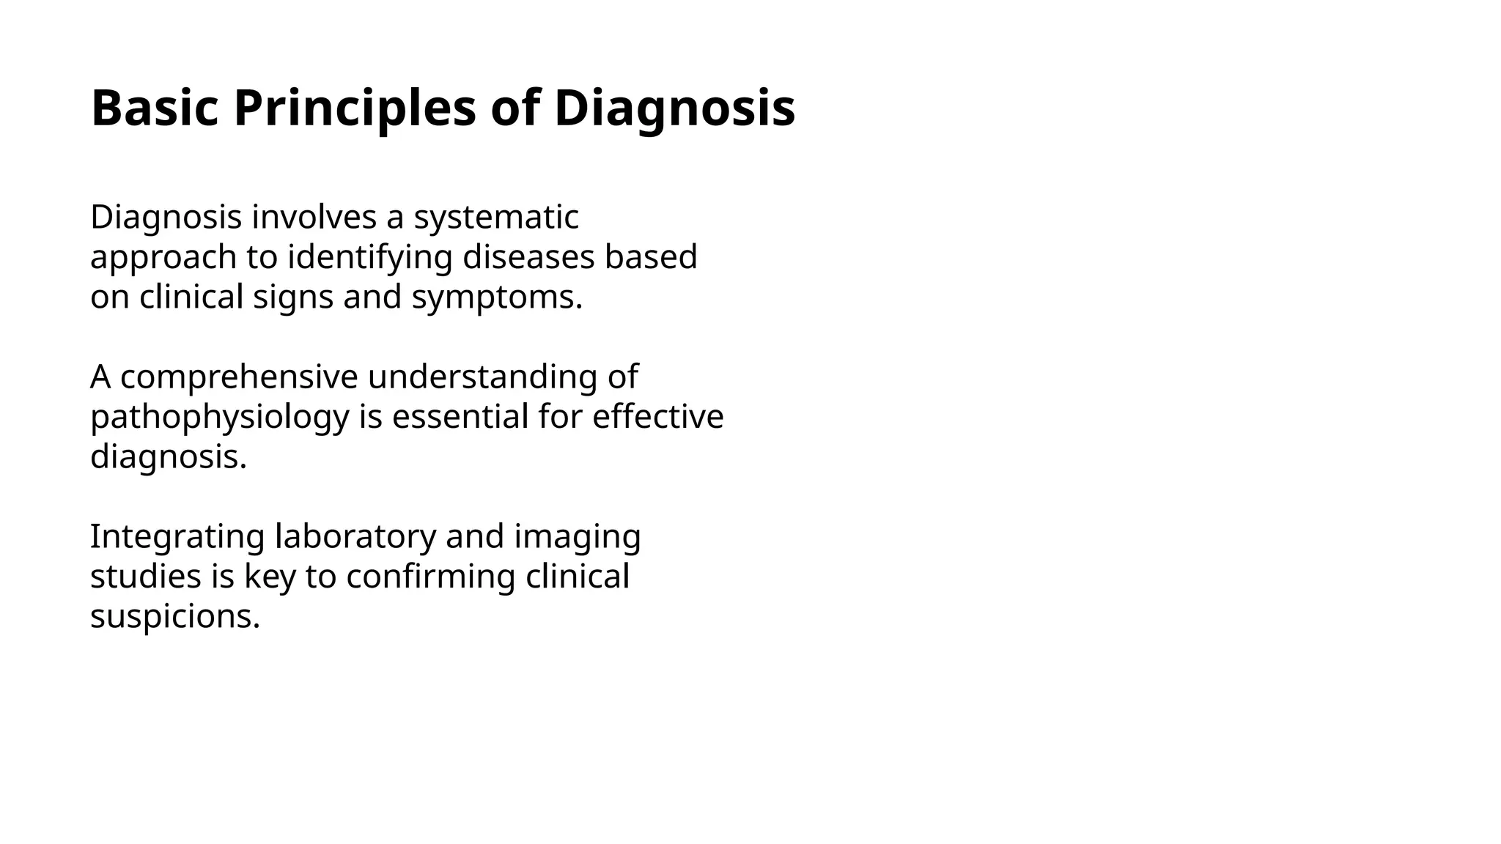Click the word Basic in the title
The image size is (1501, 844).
tap(155, 108)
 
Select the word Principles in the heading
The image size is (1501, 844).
tap(355, 108)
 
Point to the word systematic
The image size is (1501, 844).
tap(496, 217)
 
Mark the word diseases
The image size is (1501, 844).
tap(528, 257)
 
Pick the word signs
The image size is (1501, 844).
tap(293, 297)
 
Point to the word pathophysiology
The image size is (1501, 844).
tap(219, 417)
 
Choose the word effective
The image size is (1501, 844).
tap(657, 417)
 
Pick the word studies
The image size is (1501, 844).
tap(146, 577)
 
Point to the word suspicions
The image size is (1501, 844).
tap(175, 616)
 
